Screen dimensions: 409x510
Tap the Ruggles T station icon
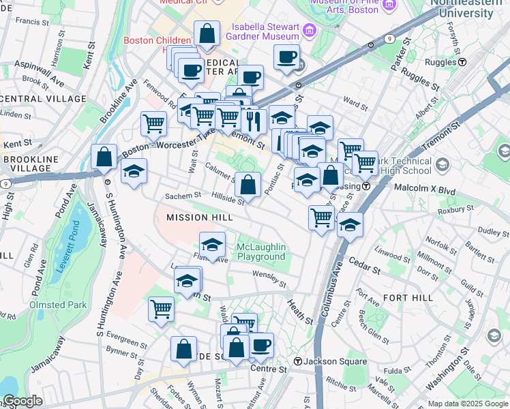point(462,62)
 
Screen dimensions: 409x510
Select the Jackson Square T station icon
point(297,361)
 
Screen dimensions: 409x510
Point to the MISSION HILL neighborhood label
point(200,217)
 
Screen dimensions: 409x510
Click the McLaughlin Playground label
point(260,252)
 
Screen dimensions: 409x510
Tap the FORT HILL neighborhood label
point(408,298)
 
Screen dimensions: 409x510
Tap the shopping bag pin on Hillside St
point(248,185)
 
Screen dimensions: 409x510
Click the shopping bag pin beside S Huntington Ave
point(104,157)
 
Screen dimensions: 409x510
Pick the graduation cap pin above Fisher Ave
point(213,244)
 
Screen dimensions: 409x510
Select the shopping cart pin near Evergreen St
point(162,309)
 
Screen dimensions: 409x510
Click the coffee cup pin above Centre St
point(260,345)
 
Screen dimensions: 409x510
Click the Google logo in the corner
point(22,401)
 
